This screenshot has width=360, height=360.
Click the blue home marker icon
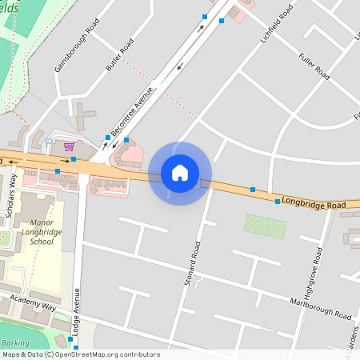click(179, 173)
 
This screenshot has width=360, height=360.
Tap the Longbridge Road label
click(313, 205)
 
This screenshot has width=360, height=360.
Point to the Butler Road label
click(117, 57)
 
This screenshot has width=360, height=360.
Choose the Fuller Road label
click(314, 66)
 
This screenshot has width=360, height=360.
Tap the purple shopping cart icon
click(69, 146)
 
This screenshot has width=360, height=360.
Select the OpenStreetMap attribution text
click(80, 354)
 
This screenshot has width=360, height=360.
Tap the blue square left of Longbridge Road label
click(277, 202)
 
